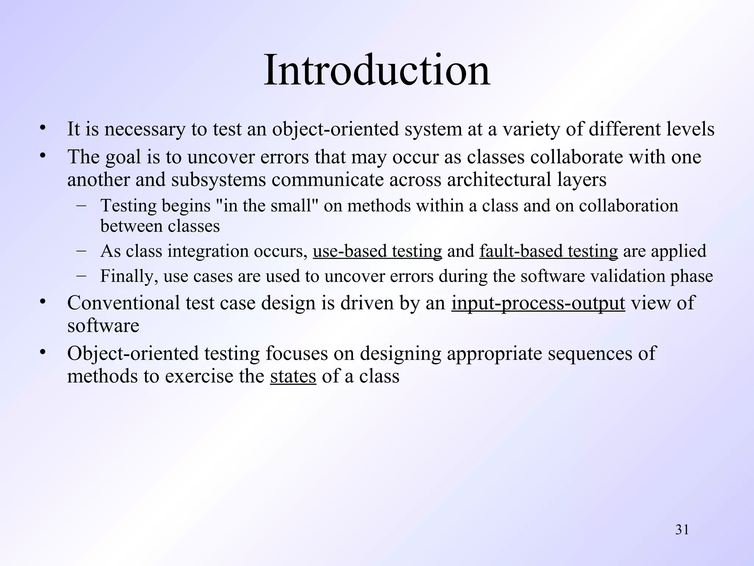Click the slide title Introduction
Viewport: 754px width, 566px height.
[377, 70]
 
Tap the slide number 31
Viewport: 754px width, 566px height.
[682, 530]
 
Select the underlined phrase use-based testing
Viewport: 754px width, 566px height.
[377, 251]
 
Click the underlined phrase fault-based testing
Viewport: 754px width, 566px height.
[548, 251]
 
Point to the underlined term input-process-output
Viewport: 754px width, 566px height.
[538, 303]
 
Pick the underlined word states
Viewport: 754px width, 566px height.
[293, 376]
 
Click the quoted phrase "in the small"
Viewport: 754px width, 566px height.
[266, 206]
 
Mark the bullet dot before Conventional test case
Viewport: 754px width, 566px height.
[43, 302]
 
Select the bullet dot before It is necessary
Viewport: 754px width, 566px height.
[43, 128]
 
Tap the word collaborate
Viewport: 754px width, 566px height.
[577, 157]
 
